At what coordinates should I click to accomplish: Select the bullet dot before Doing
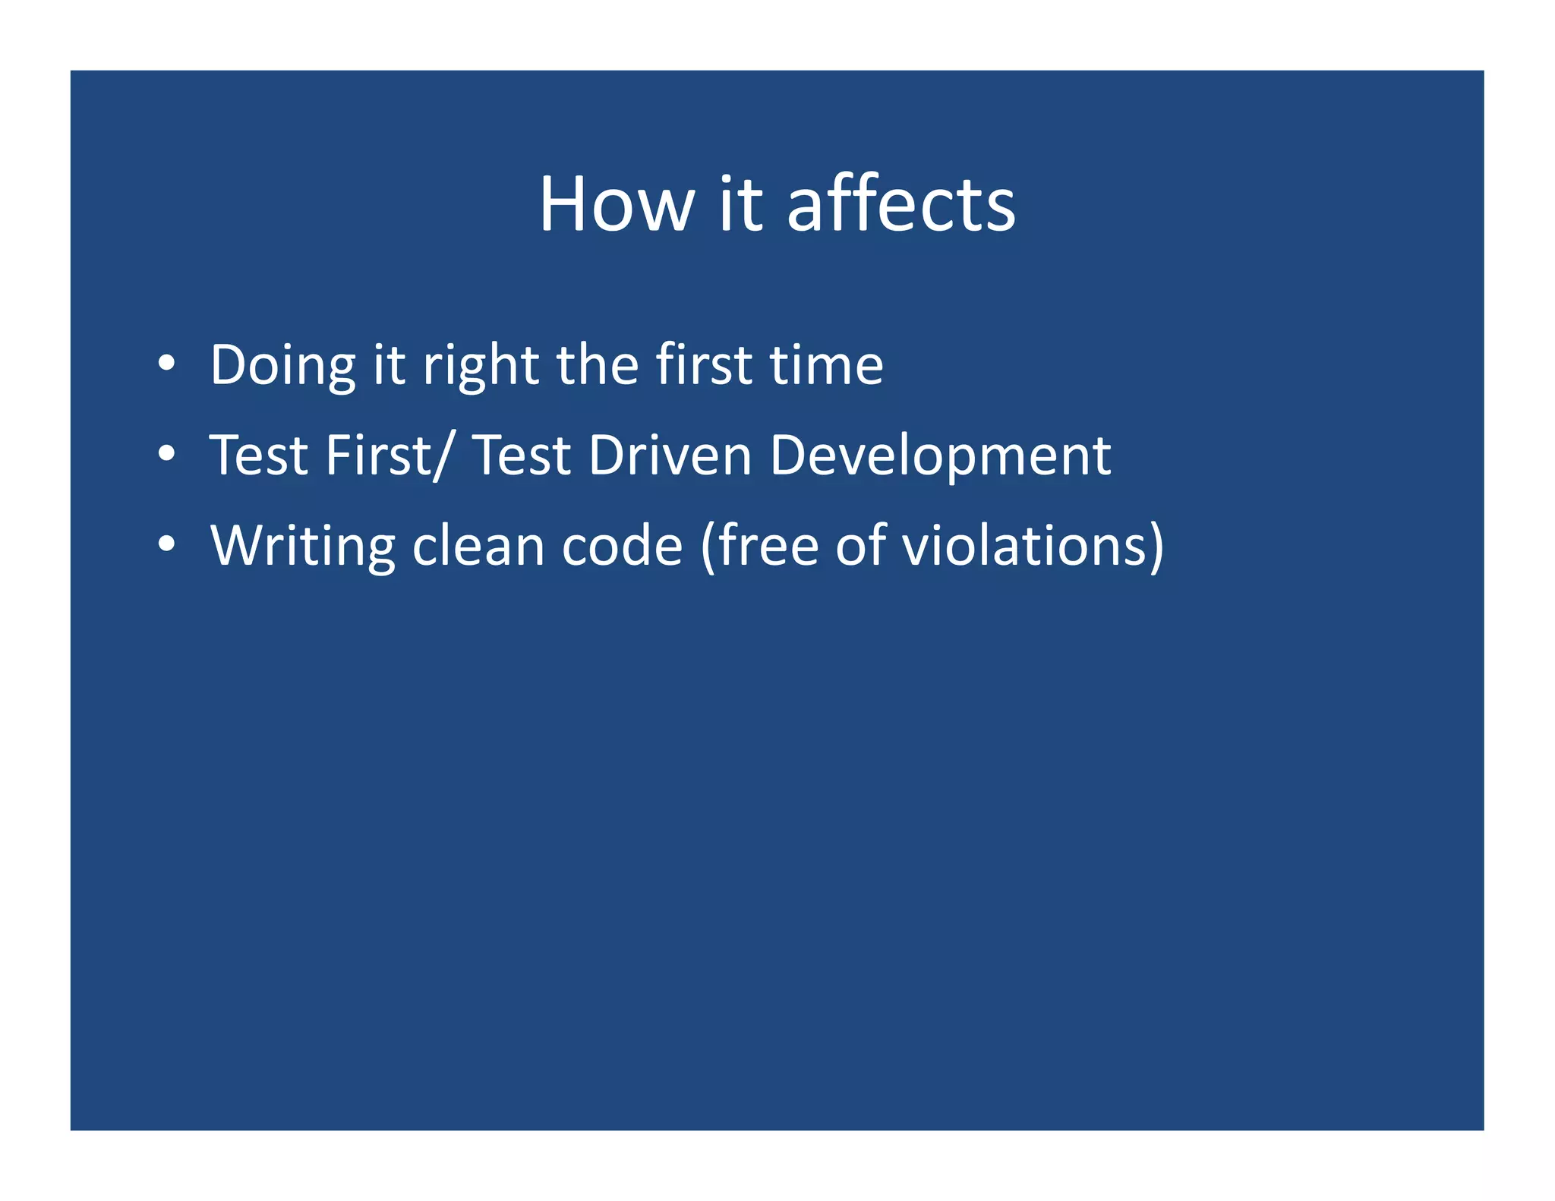pyautogui.click(x=166, y=364)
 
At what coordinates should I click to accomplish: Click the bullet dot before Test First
pyautogui.click(x=166, y=455)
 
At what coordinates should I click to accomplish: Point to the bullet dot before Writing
pyautogui.click(x=166, y=544)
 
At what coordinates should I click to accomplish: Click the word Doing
pyautogui.click(x=282, y=366)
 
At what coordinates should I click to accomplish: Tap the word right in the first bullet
pyautogui.click(x=480, y=366)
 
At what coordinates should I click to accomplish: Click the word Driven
pyautogui.click(x=670, y=455)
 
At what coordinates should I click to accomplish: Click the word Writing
pyautogui.click(x=302, y=547)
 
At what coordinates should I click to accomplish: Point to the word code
pyautogui.click(x=622, y=545)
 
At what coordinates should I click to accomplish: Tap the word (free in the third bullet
pyautogui.click(x=759, y=545)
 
